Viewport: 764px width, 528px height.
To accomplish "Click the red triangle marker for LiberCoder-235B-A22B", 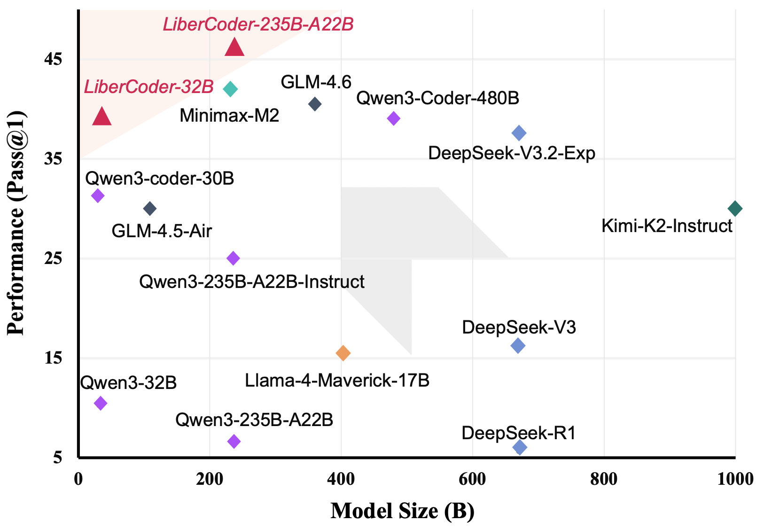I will pyautogui.click(x=234, y=47).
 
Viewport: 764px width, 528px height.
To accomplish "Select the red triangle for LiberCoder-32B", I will pyautogui.click(x=102, y=116).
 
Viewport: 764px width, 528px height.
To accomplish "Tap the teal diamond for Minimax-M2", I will pyautogui.click(x=230, y=89).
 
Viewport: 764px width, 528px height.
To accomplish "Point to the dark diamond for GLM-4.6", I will pyautogui.click(x=315, y=104).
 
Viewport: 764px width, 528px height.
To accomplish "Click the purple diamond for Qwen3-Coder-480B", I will pyautogui.click(x=393, y=118).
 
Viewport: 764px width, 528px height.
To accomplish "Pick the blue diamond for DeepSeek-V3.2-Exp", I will pyautogui.click(x=519, y=133).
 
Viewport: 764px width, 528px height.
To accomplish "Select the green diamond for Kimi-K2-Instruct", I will pyautogui.click(x=735, y=209).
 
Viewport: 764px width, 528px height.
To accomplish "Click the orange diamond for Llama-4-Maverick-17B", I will pyautogui.click(x=343, y=353).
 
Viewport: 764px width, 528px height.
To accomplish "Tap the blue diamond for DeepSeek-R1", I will pyautogui.click(x=520, y=447).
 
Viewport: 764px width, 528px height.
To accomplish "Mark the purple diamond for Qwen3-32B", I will pyautogui.click(x=100, y=403).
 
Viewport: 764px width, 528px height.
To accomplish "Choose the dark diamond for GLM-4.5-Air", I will pyautogui.click(x=150, y=209).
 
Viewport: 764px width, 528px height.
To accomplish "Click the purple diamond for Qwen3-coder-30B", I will pyautogui.click(x=98, y=195).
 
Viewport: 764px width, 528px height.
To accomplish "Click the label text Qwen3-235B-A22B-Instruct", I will pyautogui.click(x=252, y=282).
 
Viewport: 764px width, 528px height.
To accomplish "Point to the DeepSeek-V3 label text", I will pyautogui.click(x=519, y=327).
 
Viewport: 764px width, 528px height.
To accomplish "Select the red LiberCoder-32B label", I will pyautogui.click(x=148, y=87).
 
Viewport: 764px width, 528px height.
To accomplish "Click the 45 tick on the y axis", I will pyautogui.click(x=53, y=59).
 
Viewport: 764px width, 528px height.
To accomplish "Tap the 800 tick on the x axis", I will pyautogui.click(x=603, y=479).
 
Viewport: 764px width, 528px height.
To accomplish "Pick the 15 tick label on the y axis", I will pyautogui.click(x=53, y=358).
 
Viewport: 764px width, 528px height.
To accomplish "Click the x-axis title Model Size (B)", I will pyautogui.click(x=402, y=511).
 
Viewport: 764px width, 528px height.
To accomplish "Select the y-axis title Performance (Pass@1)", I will pyautogui.click(x=16, y=223).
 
